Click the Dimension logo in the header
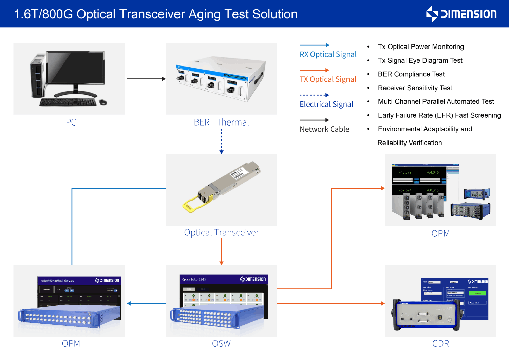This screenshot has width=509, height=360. [461, 14]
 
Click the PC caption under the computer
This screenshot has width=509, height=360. [71, 122]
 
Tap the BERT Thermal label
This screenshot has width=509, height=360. [221, 122]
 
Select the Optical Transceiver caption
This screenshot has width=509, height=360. [221, 232]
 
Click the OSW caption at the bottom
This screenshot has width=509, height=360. [221, 343]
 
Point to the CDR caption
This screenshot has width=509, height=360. [440, 343]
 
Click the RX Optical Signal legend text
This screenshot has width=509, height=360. [328, 54]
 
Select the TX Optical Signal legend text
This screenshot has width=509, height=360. [328, 79]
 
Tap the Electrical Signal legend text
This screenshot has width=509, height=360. [326, 104]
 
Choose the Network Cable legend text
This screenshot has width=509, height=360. [324, 129]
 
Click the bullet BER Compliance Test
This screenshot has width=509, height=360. [411, 74]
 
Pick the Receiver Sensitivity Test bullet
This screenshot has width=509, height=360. [415, 88]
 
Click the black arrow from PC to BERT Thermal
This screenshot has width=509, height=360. [146, 79]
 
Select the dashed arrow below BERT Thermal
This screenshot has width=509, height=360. [221, 141]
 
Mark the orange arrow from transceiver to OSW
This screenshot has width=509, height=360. [221, 251]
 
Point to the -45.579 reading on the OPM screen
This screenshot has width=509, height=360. [405, 172]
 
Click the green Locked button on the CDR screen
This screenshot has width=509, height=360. [477, 293]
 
